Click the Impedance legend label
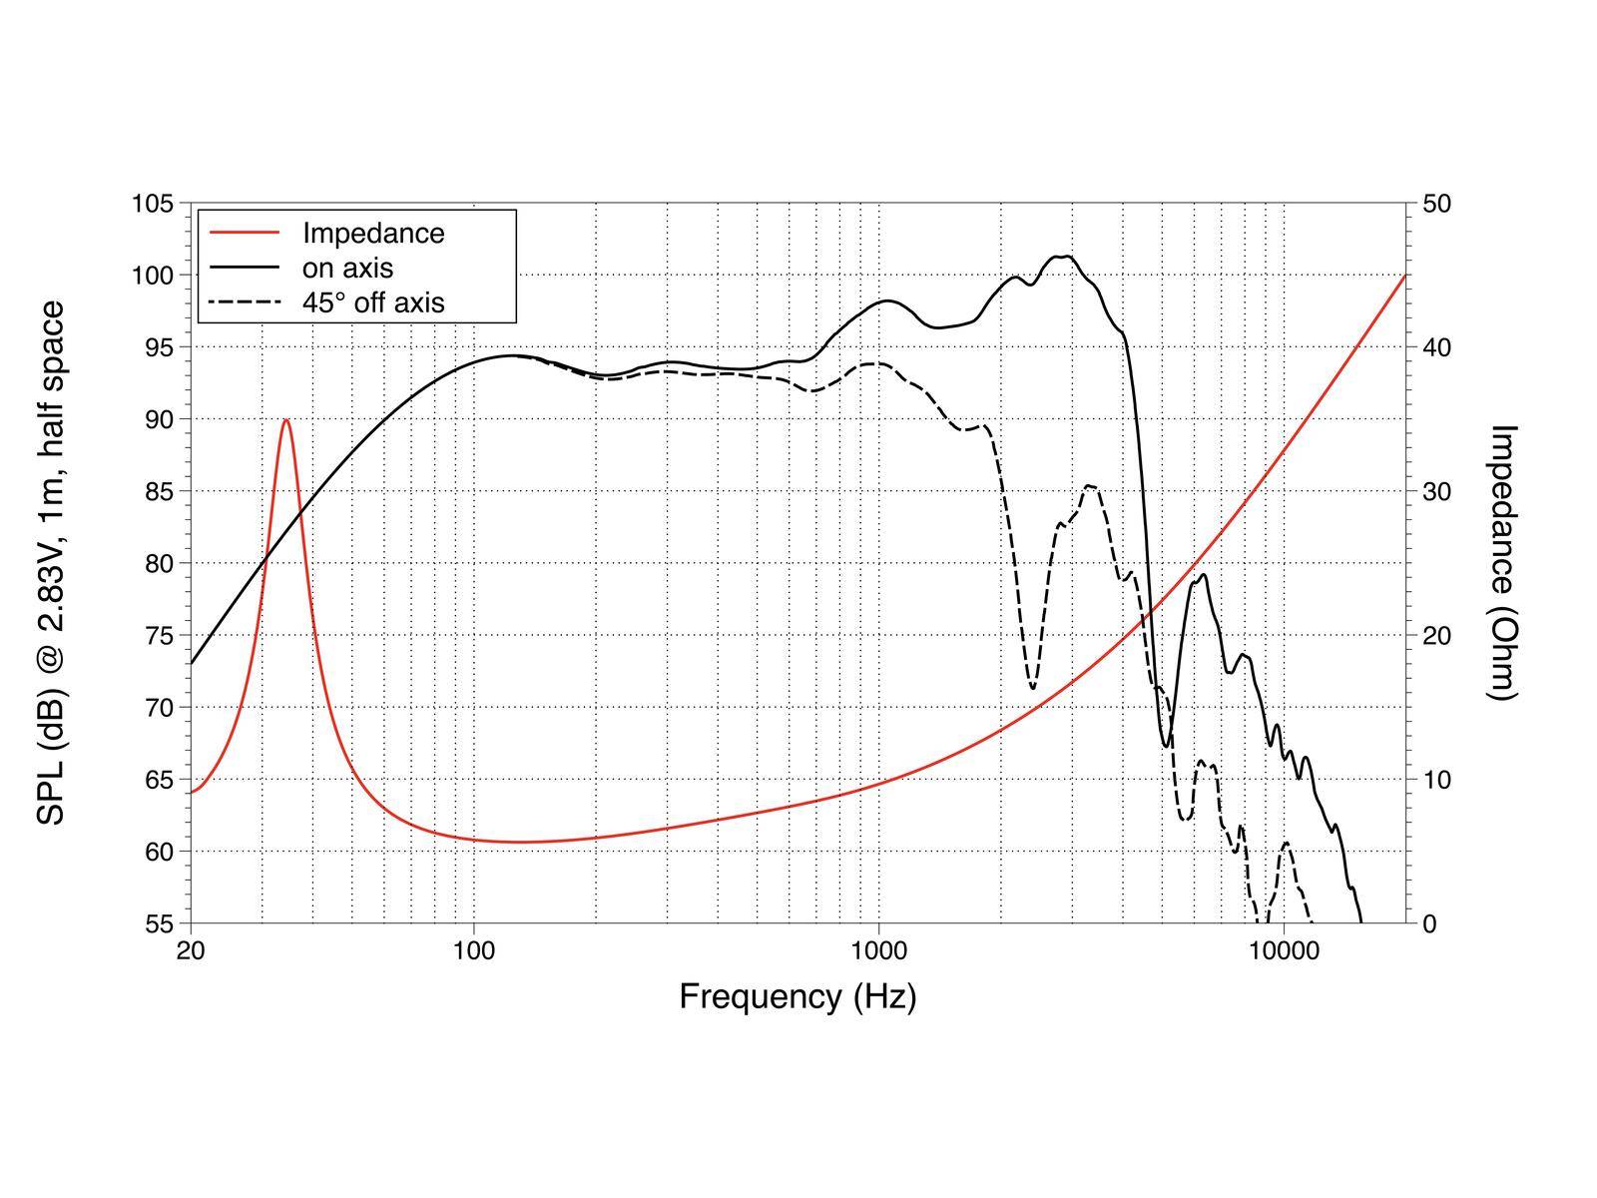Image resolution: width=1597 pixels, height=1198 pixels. (373, 234)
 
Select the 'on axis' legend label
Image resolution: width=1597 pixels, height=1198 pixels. (347, 268)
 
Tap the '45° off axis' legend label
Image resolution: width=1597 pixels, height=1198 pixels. (373, 302)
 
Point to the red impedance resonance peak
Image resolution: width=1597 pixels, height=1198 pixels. (286, 420)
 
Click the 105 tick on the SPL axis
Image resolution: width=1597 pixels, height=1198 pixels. (153, 204)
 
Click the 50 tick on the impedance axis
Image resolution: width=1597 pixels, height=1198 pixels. (1436, 204)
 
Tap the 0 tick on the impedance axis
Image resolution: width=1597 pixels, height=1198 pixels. (1428, 923)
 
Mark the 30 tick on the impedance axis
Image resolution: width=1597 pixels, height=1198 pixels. (1436, 491)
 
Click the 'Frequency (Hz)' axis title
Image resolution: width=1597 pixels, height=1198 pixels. (798, 996)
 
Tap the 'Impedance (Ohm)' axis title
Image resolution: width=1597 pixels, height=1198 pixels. (1502, 562)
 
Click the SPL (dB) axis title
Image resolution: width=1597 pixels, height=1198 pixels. (51, 562)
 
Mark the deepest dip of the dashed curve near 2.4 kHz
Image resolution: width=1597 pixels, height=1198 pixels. (1032, 688)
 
